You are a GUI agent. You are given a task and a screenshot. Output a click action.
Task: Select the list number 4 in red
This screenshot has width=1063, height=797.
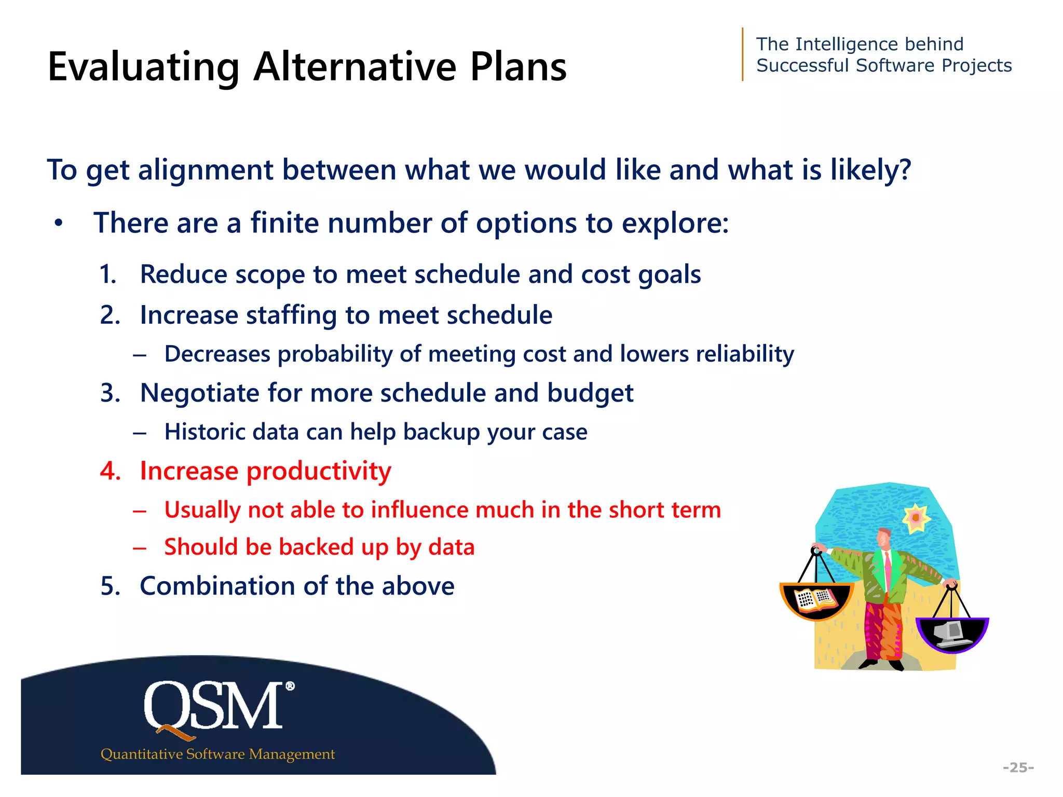pyautogui.click(x=110, y=471)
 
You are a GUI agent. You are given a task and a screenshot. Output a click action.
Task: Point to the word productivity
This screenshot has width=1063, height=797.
pyautogui.click(x=318, y=471)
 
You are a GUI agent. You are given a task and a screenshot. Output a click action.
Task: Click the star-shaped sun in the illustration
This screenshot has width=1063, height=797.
pyautogui.click(x=916, y=518)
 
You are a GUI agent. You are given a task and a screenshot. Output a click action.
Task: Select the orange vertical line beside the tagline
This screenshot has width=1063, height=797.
pyautogui.click(x=743, y=54)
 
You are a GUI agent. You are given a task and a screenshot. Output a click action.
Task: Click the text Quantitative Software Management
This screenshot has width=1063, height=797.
pyautogui.click(x=217, y=754)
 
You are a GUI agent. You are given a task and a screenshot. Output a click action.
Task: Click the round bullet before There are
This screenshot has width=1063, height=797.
pyautogui.click(x=59, y=224)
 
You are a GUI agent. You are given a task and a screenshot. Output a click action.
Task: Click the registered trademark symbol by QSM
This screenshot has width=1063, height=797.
pyautogui.click(x=290, y=686)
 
